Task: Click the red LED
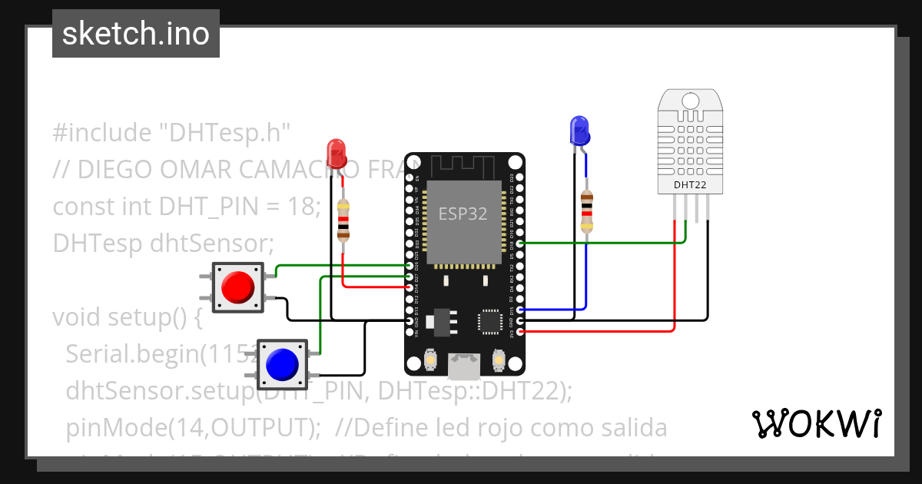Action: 336,153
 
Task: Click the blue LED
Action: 579,131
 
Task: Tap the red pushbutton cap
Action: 237,287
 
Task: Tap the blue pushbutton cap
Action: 281,363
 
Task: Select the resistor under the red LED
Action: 343,220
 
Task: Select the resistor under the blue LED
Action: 586,212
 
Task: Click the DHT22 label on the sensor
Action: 690,184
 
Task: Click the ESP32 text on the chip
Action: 463,214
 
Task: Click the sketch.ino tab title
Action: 136,34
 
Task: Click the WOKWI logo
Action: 816,423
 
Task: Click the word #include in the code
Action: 102,133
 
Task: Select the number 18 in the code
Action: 300,207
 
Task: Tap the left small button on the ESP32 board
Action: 429,360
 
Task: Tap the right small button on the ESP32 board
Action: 499,360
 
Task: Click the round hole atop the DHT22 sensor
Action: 690,100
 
